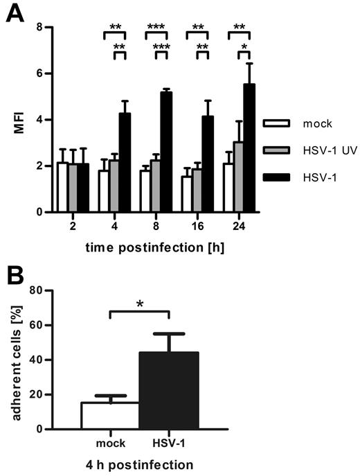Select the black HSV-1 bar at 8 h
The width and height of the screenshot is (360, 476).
166,152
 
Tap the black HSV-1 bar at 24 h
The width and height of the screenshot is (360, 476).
249,148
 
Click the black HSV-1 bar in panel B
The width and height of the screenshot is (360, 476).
170,391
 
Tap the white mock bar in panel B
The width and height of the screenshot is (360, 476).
109,416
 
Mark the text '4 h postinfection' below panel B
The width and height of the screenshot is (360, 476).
138,464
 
